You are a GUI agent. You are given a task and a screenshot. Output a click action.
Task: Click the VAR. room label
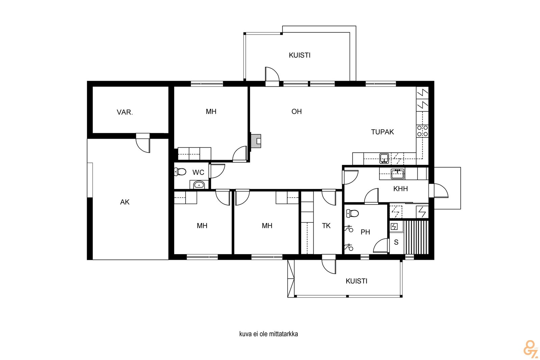tap(125, 112)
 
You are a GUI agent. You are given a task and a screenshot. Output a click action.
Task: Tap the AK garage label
tap(125, 202)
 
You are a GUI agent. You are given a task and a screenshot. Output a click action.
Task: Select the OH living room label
tap(297, 112)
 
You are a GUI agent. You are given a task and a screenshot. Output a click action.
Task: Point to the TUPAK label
tap(382, 132)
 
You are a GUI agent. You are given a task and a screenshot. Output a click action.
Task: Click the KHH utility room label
tap(400, 189)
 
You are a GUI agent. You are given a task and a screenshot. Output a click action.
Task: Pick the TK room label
tap(326, 226)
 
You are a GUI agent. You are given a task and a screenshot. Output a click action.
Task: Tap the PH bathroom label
tap(365, 232)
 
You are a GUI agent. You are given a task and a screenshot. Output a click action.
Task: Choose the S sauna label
tap(396, 242)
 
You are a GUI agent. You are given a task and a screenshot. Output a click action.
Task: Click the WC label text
tap(198, 172)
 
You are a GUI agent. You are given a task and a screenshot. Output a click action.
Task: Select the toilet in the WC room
tap(180, 172)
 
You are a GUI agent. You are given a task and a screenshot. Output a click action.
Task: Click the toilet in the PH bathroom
tap(352, 213)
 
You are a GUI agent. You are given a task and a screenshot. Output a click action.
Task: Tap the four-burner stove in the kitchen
tap(422, 131)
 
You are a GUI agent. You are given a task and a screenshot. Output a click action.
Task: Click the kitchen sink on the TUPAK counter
tap(384, 159)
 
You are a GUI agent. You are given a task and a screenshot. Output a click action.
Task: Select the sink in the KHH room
tap(398, 174)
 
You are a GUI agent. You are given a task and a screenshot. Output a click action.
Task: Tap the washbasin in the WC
tap(199, 185)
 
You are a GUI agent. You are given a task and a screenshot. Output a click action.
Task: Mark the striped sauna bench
tap(416, 237)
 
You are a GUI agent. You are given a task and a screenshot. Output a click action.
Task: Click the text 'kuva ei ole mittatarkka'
tap(269, 334)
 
